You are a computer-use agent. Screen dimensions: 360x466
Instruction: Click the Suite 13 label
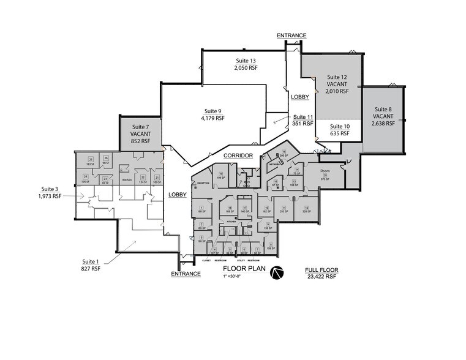click(245, 61)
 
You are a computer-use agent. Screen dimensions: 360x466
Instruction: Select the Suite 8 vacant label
click(383, 116)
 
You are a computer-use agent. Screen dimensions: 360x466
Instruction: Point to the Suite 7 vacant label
click(140, 134)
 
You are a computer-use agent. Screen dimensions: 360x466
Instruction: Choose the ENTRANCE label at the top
click(291, 36)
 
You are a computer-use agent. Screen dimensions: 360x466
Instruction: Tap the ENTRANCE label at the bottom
click(186, 274)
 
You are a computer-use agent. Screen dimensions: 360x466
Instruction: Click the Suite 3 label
click(50, 189)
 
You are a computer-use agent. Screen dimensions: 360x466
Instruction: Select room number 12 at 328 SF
click(304, 208)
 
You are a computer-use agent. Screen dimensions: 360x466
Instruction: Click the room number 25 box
click(91, 159)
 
